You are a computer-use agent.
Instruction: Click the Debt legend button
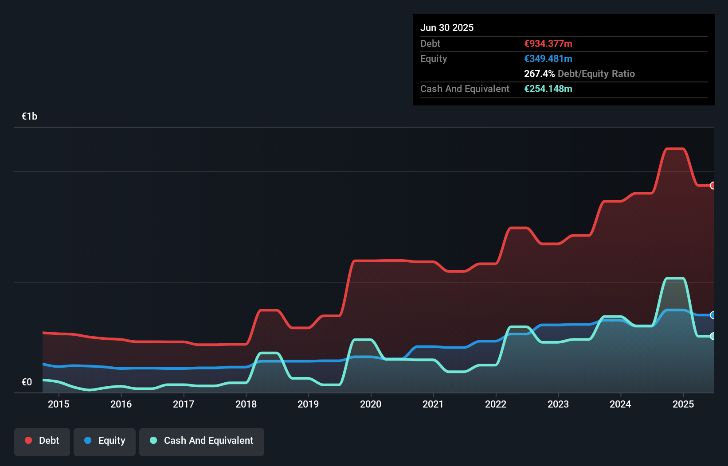42,441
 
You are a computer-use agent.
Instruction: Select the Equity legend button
105,441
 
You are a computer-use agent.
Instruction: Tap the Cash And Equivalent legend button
202,441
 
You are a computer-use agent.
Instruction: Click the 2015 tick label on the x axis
59,404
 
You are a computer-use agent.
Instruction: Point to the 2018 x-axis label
246,404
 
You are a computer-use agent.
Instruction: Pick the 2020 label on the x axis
371,404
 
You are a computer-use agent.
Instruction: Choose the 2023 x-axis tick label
558,404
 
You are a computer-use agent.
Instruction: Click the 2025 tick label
683,404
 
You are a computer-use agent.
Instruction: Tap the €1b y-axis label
30,116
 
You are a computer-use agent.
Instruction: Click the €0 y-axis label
27,382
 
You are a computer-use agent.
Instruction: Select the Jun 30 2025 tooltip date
447,28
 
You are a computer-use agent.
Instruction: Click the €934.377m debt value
548,44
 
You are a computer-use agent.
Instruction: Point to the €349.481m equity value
548,59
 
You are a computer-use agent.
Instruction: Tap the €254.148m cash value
548,89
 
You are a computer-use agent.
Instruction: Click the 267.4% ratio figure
539,74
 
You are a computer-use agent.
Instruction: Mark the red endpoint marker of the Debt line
713,186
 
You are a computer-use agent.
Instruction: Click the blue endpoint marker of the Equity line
713,315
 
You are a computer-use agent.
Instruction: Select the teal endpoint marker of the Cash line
713,336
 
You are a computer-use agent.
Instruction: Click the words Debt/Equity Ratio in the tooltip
596,74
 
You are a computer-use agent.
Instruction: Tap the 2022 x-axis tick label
496,404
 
